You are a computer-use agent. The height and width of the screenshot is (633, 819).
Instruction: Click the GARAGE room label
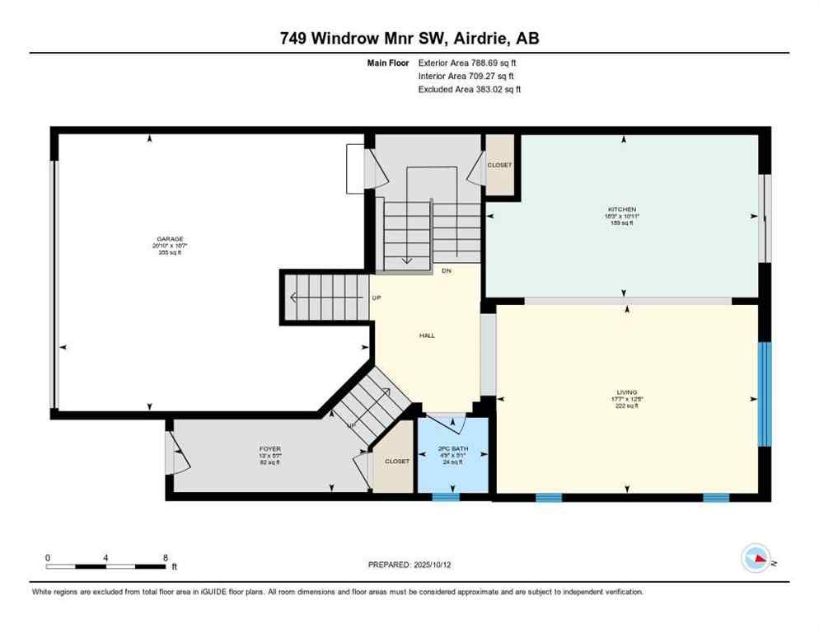pyautogui.click(x=165, y=238)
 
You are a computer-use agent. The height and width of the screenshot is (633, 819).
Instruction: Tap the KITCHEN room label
pyautogui.click(x=624, y=209)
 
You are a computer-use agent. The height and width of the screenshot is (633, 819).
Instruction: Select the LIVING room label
pyautogui.click(x=626, y=392)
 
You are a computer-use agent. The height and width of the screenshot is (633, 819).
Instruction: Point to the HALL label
pyautogui.click(x=427, y=335)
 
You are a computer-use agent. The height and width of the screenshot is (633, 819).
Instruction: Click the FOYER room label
pyautogui.click(x=270, y=449)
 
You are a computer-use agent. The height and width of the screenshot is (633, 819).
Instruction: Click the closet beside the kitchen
pyautogui.click(x=499, y=165)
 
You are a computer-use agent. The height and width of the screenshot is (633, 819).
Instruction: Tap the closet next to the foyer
pyautogui.click(x=396, y=462)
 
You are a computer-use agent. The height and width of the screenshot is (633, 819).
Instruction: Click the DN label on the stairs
pyautogui.click(x=446, y=270)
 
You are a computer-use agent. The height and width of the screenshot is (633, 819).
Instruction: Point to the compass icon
pyautogui.click(x=756, y=559)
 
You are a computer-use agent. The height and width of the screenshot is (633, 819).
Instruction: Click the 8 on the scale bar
pyautogui.click(x=166, y=557)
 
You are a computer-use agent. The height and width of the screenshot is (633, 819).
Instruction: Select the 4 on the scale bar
pyautogui.click(x=106, y=557)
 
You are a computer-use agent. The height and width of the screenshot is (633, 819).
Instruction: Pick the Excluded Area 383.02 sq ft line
pyautogui.click(x=469, y=89)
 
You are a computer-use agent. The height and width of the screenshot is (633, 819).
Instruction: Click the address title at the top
pyautogui.click(x=409, y=38)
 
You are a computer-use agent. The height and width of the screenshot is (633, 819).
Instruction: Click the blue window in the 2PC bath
pyautogui.click(x=446, y=497)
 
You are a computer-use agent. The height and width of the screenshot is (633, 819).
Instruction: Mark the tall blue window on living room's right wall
pyautogui.click(x=764, y=394)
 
